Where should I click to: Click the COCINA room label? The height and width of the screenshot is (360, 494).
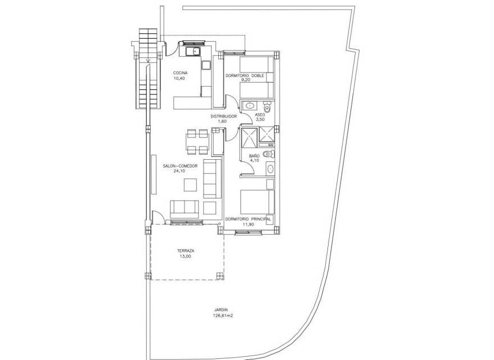click(x=180, y=73)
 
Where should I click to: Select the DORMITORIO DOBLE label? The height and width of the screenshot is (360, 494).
click(x=245, y=76)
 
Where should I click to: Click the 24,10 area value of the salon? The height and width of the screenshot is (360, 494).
click(x=179, y=171)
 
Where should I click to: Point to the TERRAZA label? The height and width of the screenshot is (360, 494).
click(x=186, y=251)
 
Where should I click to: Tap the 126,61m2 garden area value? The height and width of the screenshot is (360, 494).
click(x=223, y=315)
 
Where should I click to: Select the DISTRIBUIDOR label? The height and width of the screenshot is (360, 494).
click(x=224, y=116)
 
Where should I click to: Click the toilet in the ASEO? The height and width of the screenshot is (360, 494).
click(x=267, y=107)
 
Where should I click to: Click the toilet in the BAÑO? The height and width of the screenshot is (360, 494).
click(x=268, y=154)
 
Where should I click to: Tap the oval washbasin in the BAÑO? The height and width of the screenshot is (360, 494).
click(x=270, y=169)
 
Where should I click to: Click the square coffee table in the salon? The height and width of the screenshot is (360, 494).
click(x=190, y=185)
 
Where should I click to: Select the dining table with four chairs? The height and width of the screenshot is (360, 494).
click(x=197, y=141)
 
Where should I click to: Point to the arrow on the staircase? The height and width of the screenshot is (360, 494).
click(x=148, y=61)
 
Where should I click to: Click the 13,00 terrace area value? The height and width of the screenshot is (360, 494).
click(x=186, y=256)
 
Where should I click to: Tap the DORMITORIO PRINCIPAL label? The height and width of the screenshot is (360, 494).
click(x=248, y=219)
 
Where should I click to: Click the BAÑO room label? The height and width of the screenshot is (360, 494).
click(x=254, y=156)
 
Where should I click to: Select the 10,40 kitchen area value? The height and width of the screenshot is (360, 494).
click(x=179, y=78)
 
